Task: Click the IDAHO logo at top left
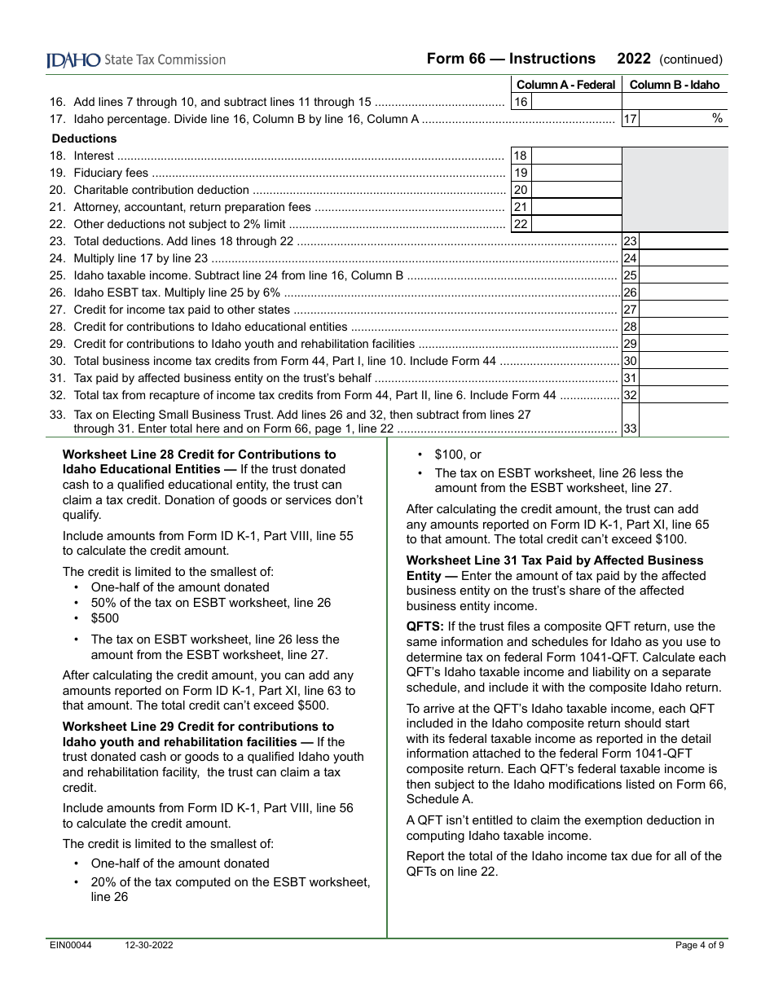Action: (x=73, y=59)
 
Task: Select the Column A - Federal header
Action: (x=565, y=85)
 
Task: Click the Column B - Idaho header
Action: (x=675, y=85)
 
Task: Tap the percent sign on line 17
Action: (x=717, y=119)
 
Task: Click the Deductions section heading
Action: (x=85, y=138)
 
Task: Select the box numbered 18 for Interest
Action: (x=521, y=156)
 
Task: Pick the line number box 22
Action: (x=521, y=224)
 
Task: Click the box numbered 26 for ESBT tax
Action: (x=630, y=292)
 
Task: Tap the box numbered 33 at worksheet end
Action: (x=630, y=428)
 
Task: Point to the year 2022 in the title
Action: (x=634, y=59)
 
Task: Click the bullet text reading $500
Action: (x=105, y=618)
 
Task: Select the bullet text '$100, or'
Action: (x=458, y=455)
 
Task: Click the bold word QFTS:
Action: (x=425, y=626)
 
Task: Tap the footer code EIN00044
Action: (x=69, y=945)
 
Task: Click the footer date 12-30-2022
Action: (x=148, y=945)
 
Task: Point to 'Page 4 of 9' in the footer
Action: (x=700, y=945)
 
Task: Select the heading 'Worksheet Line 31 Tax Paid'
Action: (x=554, y=560)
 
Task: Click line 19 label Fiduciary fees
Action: (x=111, y=173)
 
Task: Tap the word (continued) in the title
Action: (x=690, y=59)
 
